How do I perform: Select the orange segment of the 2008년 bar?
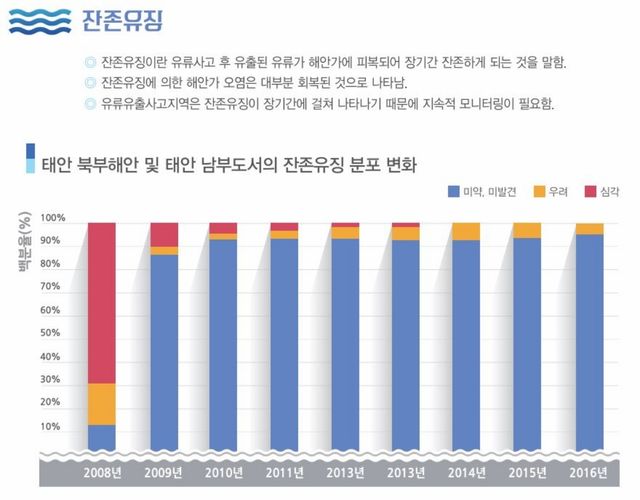pyautogui.click(x=102, y=404)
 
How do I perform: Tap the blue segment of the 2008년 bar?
pyautogui.click(x=102, y=437)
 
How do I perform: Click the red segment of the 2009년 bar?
pyautogui.click(x=164, y=234)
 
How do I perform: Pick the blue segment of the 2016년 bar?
pyautogui.click(x=590, y=341)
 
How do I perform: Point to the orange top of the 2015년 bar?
pyautogui.click(x=527, y=230)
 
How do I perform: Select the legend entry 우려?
pyautogui.click(x=555, y=190)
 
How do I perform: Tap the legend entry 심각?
pyautogui.click(x=602, y=190)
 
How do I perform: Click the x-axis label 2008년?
pyautogui.click(x=102, y=471)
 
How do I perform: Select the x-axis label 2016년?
pyautogui.click(x=590, y=471)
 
